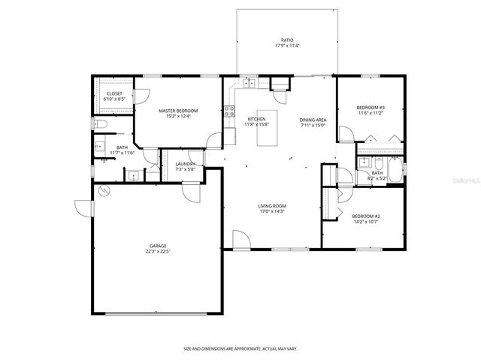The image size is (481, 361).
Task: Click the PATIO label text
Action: [x=288, y=41]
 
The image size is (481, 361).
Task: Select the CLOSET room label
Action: [x=113, y=93]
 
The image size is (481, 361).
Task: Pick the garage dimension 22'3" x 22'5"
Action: [x=157, y=251]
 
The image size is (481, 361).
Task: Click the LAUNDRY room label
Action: [x=186, y=164]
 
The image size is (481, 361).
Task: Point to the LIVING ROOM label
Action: [x=272, y=205]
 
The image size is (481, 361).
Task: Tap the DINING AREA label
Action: [x=313, y=120]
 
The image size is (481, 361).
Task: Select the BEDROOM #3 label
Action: [x=370, y=108]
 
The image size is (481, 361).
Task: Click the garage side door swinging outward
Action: [x=83, y=206]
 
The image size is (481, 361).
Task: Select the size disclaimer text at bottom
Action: [x=240, y=348]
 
